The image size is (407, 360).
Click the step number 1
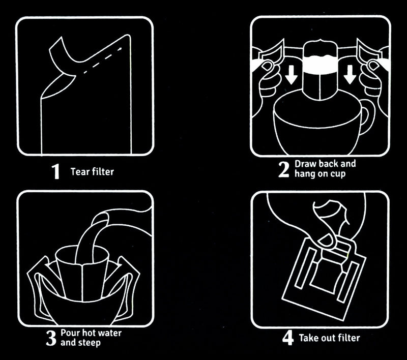tap(56, 171)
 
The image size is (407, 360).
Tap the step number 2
tap(283, 169)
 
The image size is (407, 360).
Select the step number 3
tap(51, 338)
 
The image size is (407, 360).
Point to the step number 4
tap(288, 338)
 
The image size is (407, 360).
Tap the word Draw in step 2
tap(305, 164)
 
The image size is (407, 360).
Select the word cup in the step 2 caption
tap(338, 174)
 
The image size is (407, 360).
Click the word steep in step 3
tap(90, 343)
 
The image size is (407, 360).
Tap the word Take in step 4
tap(309, 338)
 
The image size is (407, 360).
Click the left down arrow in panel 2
tap(290, 74)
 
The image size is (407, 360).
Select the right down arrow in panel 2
tap(350, 74)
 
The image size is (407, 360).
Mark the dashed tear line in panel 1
tap(102, 60)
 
